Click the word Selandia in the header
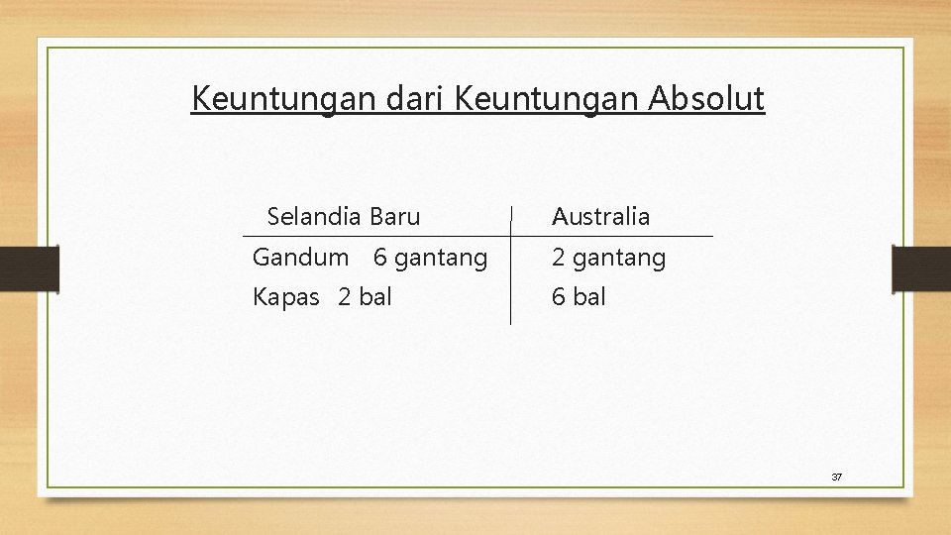click(x=315, y=216)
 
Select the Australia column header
click(x=600, y=216)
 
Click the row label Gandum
click(x=300, y=258)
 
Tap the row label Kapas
click(x=286, y=296)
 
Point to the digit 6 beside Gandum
click(x=380, y=258)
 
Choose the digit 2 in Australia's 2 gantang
click(x=559, y=259)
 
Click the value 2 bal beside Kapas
click(x=365, y=296)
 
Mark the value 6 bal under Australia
click(x=579, y=296)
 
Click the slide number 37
click(x=836, y=477)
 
